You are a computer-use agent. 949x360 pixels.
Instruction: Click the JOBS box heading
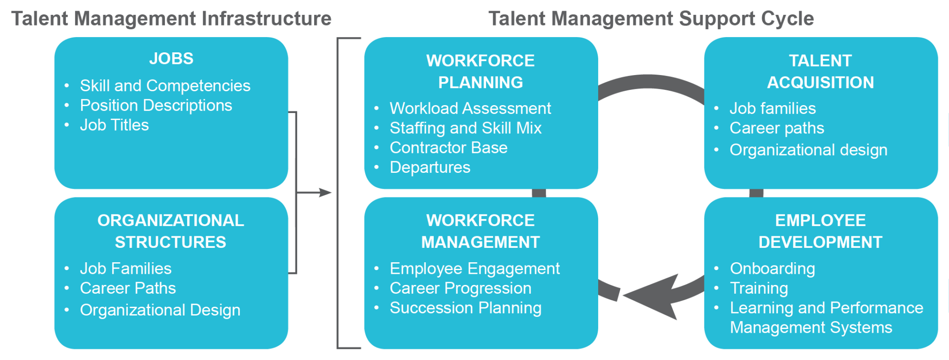171,59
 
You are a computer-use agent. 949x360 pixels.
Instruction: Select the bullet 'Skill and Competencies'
165,86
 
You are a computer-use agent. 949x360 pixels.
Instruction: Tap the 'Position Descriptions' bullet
156,106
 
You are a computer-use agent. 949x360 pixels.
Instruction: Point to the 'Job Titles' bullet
114,125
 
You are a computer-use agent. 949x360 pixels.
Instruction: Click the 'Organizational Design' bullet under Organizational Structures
160,310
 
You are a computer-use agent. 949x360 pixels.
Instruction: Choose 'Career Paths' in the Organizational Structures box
127,288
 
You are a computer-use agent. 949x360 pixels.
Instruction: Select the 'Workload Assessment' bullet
470,108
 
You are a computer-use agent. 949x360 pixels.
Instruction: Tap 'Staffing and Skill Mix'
465,128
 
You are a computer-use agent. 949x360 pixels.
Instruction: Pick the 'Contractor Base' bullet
448,148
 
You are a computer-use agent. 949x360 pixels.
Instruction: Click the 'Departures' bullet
430,167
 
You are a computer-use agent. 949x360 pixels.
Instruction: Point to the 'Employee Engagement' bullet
474,269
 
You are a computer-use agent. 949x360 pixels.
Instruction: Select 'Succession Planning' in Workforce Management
465,308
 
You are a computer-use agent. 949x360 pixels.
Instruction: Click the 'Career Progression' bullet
460,288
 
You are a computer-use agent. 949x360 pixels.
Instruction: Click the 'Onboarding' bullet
772,269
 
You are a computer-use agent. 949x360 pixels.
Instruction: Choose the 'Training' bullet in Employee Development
759,288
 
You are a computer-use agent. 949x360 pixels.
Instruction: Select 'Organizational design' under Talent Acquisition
808,150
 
